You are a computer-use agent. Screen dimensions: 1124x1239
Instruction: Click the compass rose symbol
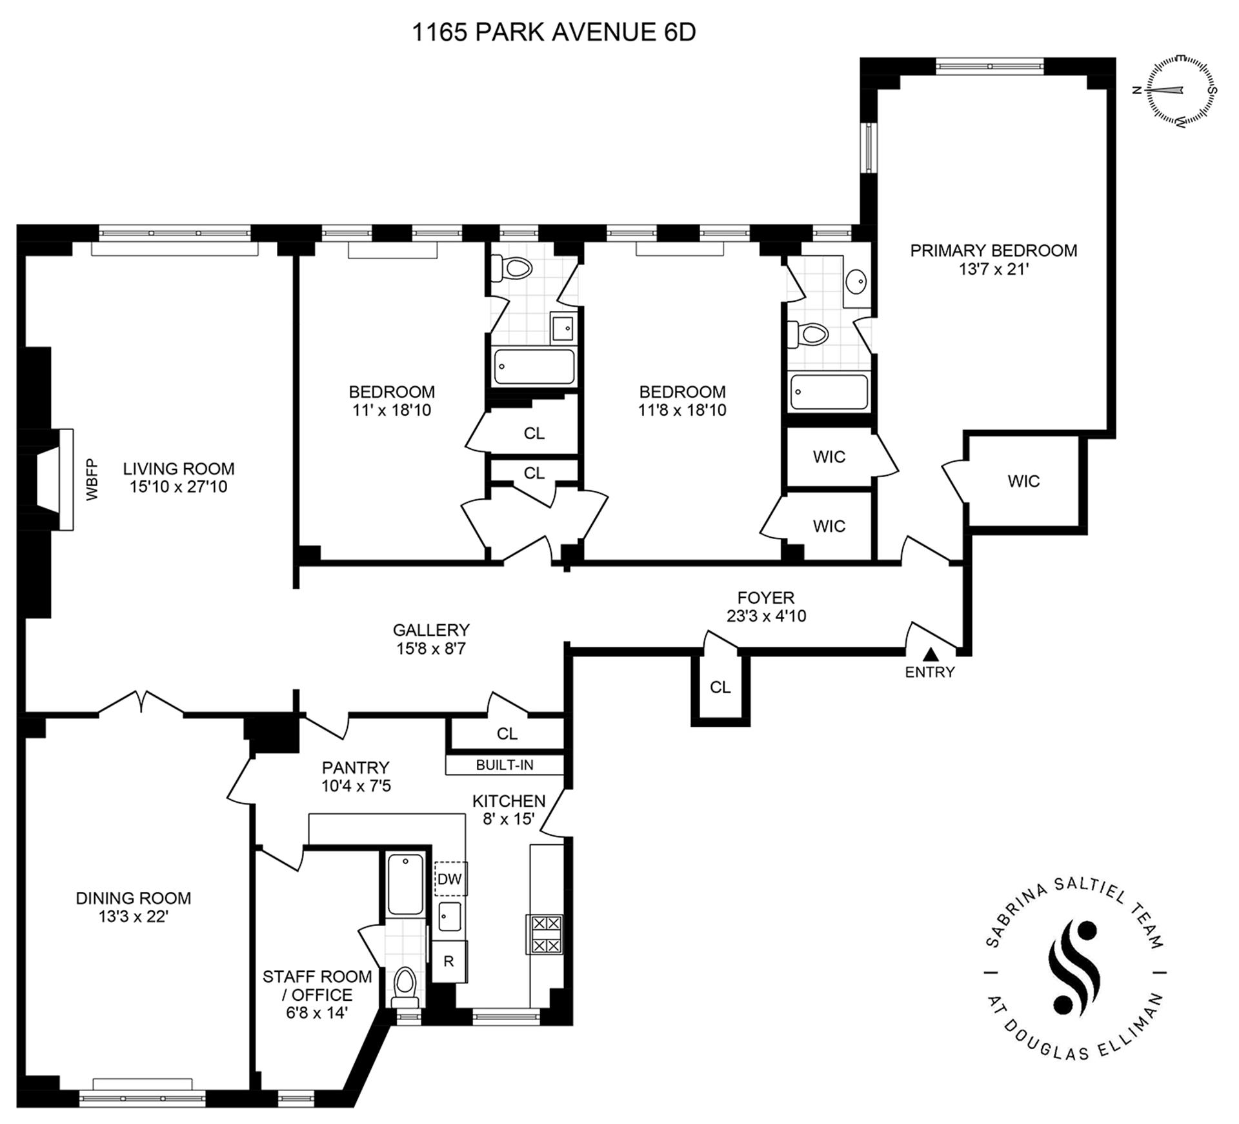pyautogui.click(x=1180, y=90)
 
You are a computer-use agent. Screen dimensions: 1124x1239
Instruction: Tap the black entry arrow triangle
pyautogui.click(x=930, y=655)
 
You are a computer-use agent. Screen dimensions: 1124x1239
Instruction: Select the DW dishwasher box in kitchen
pyautogui.click(x=450, y=879)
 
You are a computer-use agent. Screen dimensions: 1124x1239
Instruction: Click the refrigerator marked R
pyautogui.click(x=448, y=961)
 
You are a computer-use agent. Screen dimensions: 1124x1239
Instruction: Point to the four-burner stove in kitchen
pyautogui.click(x=546, y=934)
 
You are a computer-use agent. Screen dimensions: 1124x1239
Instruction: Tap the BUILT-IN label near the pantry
pyautogui.click(x=505, y=765)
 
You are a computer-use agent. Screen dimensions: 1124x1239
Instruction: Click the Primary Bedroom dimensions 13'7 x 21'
pyautogui.click(x=993, y=269)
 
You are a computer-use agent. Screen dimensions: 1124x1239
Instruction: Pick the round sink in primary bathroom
pyautogui.click(x=856, y=282)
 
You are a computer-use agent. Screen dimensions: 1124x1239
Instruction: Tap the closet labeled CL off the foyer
pyautogui.click(x=720, y=687)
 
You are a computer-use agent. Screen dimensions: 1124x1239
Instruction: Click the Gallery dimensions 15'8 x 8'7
pyautogui.click(x=431, y=648)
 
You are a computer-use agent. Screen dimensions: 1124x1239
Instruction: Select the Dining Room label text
pyautogui.click(x=134, y=898)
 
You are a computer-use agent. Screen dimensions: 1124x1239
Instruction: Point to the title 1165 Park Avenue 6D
pyautogui.click(x=554, y=32)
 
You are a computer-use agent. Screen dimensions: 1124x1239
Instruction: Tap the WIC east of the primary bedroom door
pyautogui.click(x=1023, y=481)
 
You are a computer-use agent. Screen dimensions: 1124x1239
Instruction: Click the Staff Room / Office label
pyautogui.click(x=317, y=985)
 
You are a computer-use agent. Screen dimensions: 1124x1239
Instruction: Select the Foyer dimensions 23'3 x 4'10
pyautogui.click(x=766, y=616)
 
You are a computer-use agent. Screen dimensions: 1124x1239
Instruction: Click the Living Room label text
pyautogui.click(x=179, y=469)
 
